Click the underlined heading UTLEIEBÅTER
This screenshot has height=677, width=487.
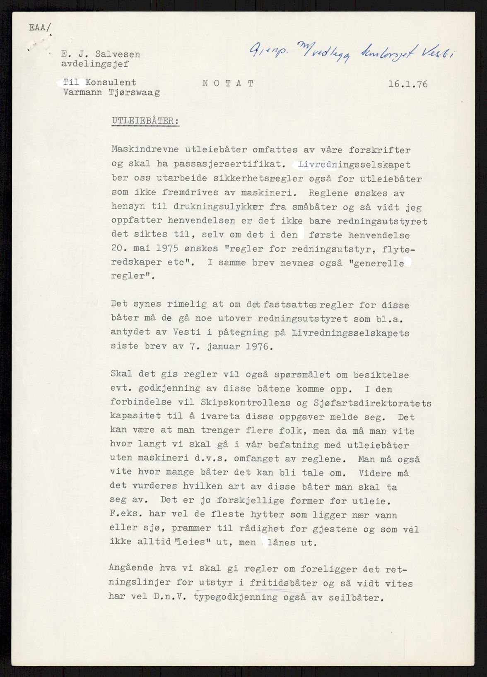pos(145,121)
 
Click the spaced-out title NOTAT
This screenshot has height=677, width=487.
pos(228,83)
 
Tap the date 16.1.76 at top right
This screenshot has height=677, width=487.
pos(408,84)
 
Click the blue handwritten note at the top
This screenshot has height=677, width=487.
pos(346,52)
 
